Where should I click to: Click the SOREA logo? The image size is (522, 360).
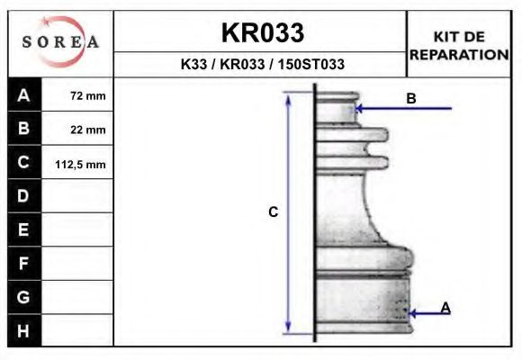[60, 42]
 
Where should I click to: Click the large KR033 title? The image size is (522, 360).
[262, 33]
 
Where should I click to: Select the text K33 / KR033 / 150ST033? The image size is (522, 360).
[262, 65]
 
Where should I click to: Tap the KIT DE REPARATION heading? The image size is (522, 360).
[459, 45]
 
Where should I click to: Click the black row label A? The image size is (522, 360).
[23, 94]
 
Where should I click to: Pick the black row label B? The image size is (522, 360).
[23, 129]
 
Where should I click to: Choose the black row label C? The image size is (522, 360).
[23, 163]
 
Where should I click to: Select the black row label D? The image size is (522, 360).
[23, 196]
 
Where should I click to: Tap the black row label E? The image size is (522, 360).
[23, 229]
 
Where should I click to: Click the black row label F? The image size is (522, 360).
[23, 264]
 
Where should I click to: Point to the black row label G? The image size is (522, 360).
[23, 297]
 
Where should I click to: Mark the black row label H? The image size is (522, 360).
[23, 330]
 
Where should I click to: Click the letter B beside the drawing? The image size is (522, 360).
[411, 98]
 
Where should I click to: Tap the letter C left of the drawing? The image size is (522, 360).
[274, 212]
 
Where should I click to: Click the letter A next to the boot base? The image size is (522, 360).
[445, 308]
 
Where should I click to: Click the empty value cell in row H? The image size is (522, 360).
[79, 330]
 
